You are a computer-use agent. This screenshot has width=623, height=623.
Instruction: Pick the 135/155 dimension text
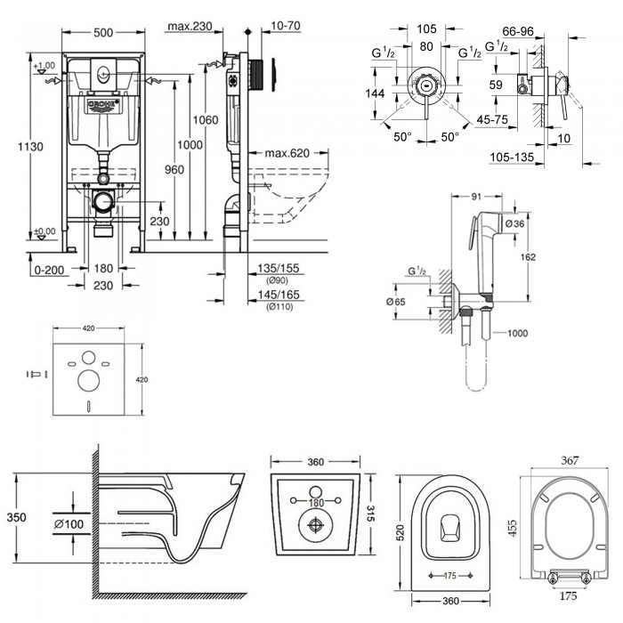[x=277, y=266]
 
